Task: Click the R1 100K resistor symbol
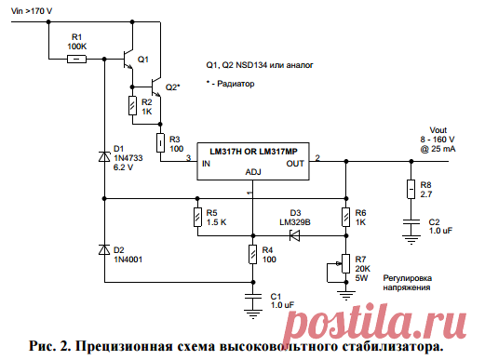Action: (77, 59)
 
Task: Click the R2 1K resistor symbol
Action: (133, 107)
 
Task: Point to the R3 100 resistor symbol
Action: (160, 141)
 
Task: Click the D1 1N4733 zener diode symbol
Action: (103, 157)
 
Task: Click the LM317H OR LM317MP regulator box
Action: (252, 159)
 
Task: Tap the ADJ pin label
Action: (252, 171)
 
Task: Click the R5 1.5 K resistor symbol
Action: (197, 218)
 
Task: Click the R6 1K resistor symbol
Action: (345, 218)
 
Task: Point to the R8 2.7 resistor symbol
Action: (411, 191)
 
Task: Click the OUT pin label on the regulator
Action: (295, 164)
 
